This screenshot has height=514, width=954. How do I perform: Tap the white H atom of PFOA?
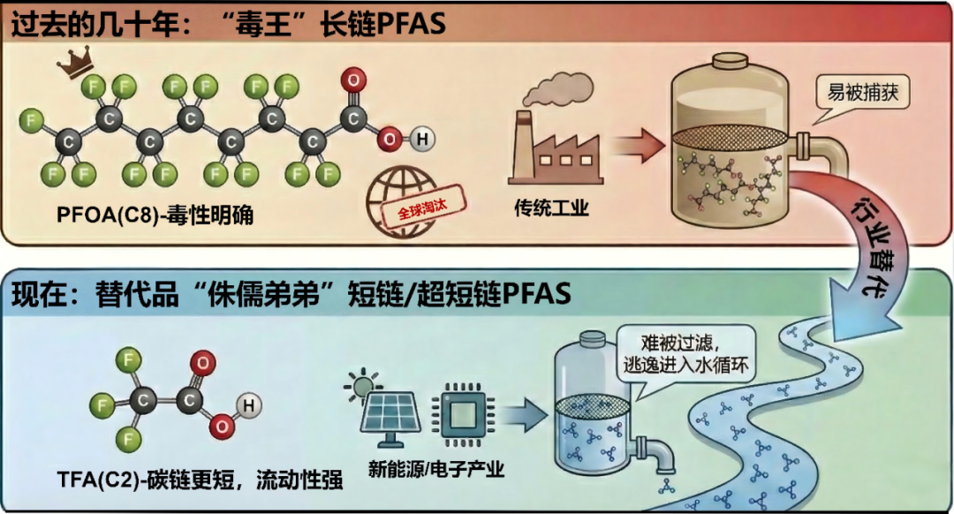[424, 139]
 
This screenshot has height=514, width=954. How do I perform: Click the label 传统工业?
[551, 209]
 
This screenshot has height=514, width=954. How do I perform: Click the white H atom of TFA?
[249, 404]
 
